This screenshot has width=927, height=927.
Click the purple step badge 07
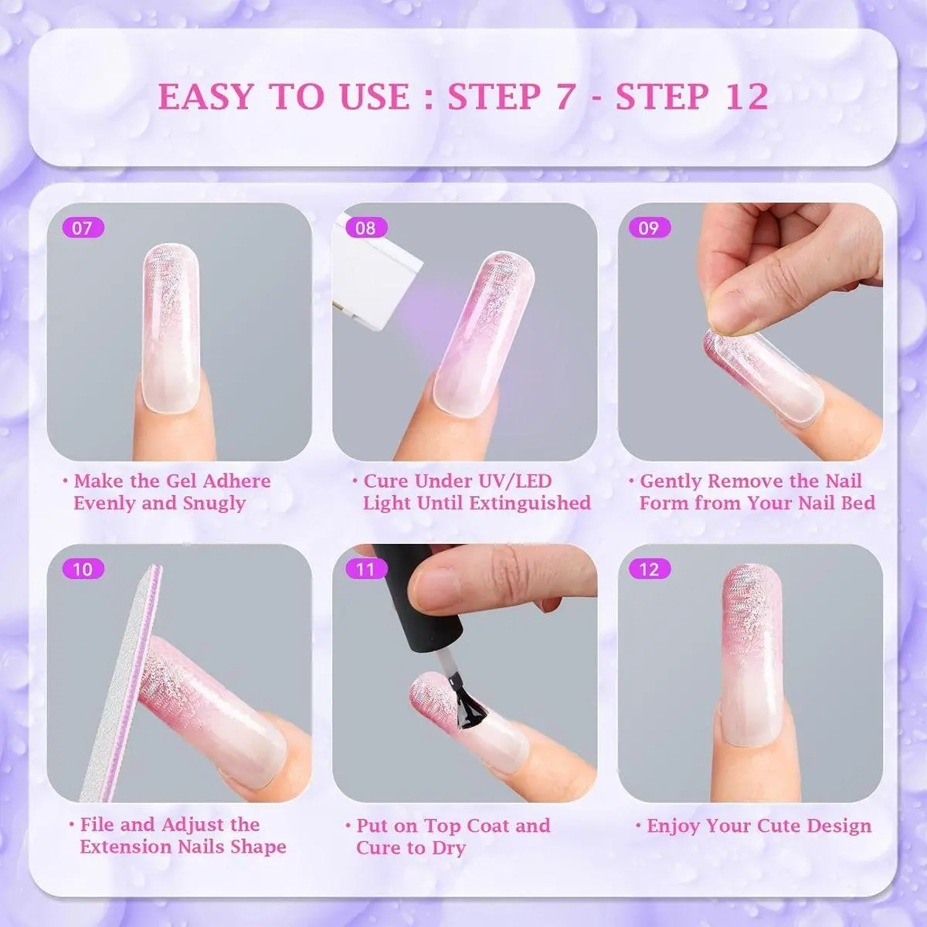click(x=83, y=228)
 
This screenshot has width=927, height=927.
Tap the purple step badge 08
click(x=366, y=228)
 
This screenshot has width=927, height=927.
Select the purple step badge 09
click(x=650, y=228)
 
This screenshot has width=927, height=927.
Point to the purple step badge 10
click(x=83, y=569)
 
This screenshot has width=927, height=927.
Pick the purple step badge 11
click(x=366, y=569)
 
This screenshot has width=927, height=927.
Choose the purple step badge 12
click(x=650, y=569)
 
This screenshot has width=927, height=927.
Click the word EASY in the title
click(x=206, y=97)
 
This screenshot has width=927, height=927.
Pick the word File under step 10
click(x=97, y=824)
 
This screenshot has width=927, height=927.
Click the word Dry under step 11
click(x=449, y=848)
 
